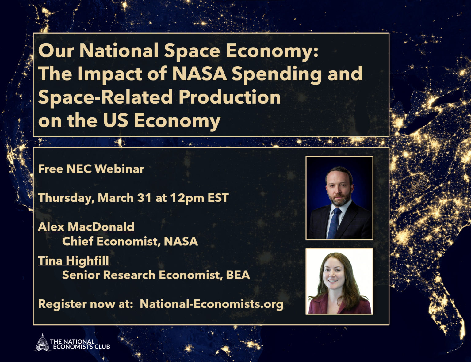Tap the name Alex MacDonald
pyautogui.click(x=86, y=227)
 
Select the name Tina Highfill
pyautogui.click(x=74, y=261)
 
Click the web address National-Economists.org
pyautogui.click(x=212, y=304)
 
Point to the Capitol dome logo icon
pyautogui.click(x=43, y=342)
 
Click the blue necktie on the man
pyautogui.click(x=333, y=223)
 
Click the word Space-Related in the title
pyautogui.click(x=105, y=98)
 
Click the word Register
pyautogui.click(x=63, y=304)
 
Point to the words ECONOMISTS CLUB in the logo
pyautogui.click(x=82, y=347)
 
